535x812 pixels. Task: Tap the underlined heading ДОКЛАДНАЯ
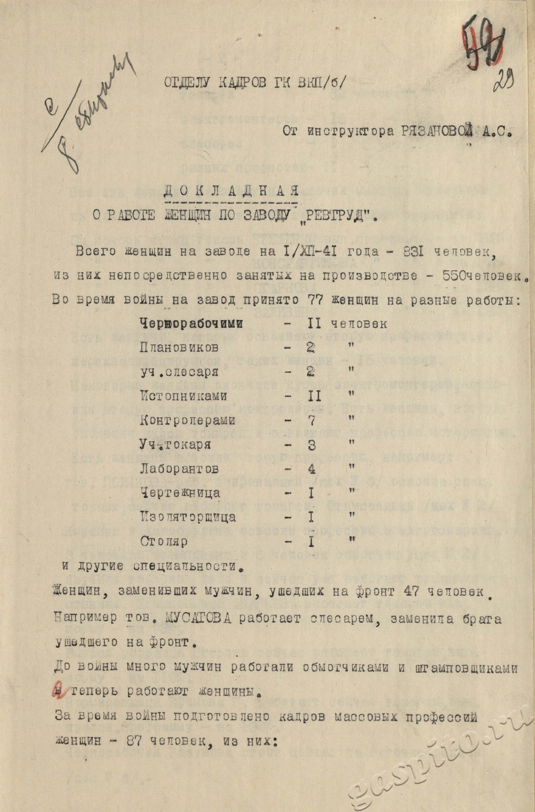tap(231, 191)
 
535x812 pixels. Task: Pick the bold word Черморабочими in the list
tap(191, 323)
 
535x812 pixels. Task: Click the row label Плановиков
tap(180, 347)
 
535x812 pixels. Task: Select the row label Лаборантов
tap(180, 469)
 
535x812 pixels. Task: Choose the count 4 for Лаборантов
tap(312, 469)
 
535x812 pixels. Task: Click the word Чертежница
tap(180, 492)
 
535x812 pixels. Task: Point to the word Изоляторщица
tap(188, 517)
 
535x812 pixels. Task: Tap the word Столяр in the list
tap(164, 542)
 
